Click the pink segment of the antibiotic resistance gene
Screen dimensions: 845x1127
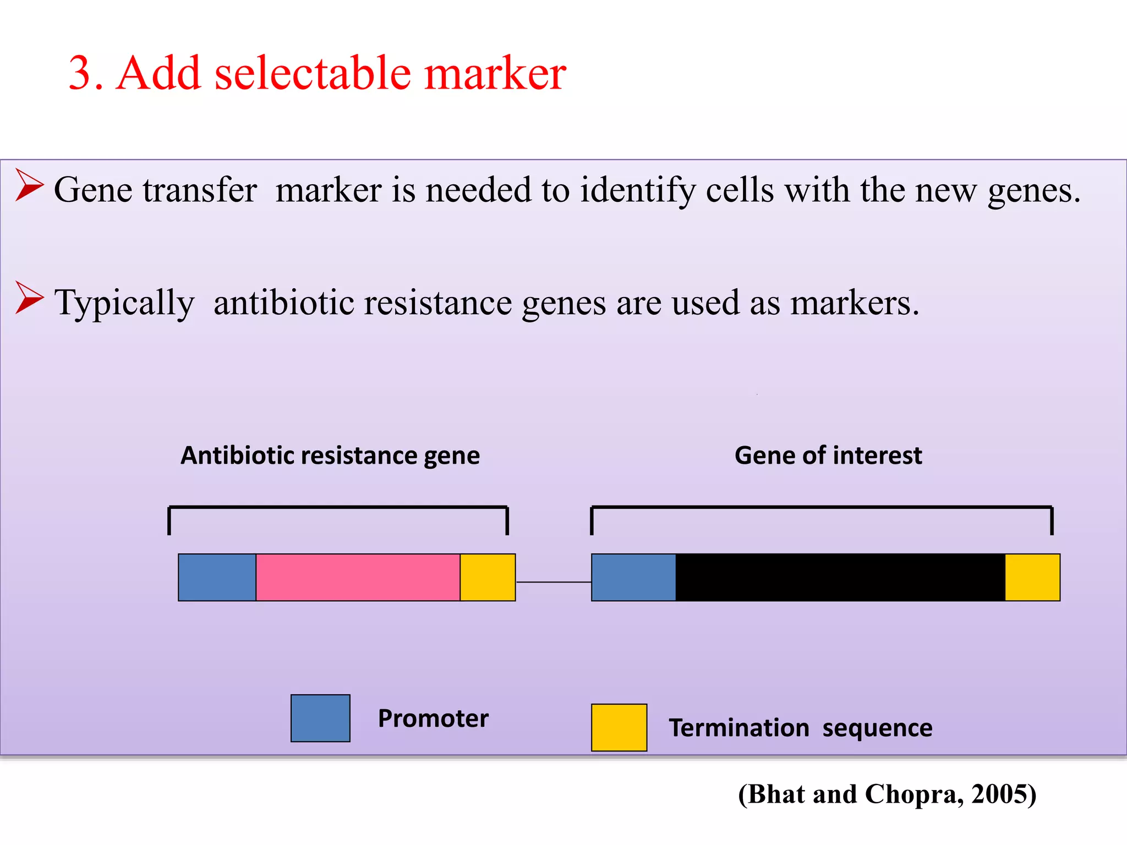point(358,577)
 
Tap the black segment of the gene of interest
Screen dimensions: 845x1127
point(840,577)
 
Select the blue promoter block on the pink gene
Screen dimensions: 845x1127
point(217,577)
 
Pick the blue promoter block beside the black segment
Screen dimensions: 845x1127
point(633,577)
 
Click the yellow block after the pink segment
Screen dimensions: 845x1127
point(488,577)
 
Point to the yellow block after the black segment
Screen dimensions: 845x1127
point(1032,577)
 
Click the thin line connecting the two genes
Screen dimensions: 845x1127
point(553,581)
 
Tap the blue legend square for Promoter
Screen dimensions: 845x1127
point(320,718)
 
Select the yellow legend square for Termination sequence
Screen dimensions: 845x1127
point(619,727)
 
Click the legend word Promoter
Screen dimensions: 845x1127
point(433,718)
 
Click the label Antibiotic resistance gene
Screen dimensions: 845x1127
point(330,456)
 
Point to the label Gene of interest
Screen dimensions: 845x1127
point(828,456)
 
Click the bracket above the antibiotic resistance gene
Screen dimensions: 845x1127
point(338,507)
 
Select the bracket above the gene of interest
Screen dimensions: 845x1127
point(822,507)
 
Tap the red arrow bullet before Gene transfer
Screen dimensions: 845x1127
point(29,185)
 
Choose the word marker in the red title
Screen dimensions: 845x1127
point(495,74)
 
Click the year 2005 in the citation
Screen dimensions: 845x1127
point(999,794)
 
